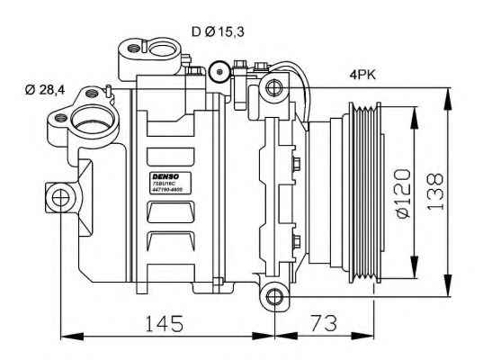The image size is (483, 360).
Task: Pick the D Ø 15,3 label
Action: point(218,31)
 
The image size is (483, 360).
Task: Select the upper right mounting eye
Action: point(273,87)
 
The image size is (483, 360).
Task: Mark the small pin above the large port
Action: point(108,88)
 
